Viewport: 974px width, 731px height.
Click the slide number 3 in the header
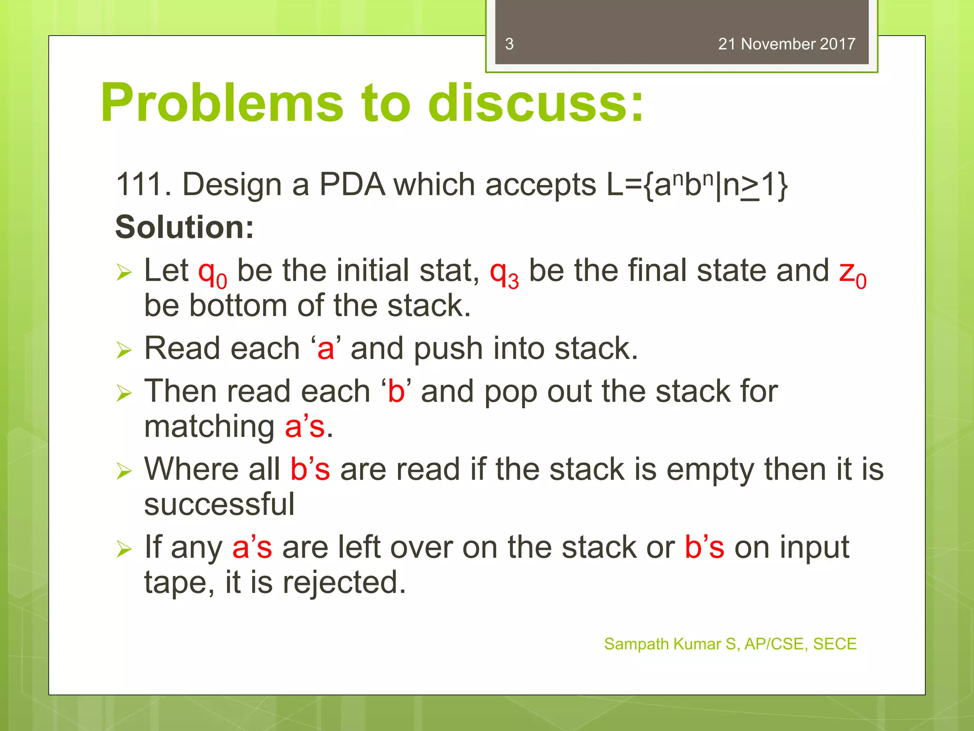509,44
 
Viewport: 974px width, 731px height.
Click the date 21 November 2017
786,44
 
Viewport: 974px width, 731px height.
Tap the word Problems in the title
222,103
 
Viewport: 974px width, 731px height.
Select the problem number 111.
143,185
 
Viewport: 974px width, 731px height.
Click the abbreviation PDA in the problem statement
352,185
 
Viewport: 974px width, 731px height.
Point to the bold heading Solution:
185,227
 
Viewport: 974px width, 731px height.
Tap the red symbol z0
852,273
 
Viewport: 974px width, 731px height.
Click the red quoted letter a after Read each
326,349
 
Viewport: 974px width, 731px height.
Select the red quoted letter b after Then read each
396,392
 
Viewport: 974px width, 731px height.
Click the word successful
219,504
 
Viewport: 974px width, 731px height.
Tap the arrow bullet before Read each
124,351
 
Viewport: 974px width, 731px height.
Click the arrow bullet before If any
124,549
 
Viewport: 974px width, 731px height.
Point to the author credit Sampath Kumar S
671,644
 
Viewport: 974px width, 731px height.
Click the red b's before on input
704,547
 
